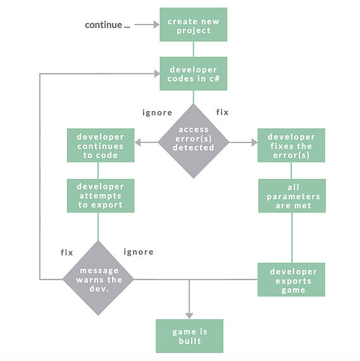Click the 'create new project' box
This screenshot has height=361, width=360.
[194, 25]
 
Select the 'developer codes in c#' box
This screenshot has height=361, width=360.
[194, 74]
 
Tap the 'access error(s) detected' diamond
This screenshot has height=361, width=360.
[194, 141]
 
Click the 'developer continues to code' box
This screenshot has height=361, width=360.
[101, 145]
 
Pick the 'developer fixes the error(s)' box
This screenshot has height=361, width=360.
[291, 145]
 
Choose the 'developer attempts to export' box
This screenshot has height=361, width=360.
[101, 196]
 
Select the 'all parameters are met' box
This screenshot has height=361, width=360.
[292, 196]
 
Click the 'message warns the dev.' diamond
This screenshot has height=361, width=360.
[98, 278]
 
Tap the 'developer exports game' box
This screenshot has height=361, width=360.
[291, 279]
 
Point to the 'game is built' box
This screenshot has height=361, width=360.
[190, 336]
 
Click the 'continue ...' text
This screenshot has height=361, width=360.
[108, 25]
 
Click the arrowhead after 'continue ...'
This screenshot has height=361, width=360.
[157, 25]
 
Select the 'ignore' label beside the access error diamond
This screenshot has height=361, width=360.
[157, 113]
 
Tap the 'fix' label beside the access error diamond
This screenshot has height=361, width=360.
[222, 112]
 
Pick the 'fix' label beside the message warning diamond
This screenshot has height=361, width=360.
[67, 252]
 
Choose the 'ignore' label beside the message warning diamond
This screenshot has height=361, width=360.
[139, 252]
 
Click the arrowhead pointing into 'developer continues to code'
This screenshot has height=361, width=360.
[137, 142]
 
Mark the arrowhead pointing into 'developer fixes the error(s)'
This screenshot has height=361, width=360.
[254, 142]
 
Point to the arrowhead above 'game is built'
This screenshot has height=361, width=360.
[189, 316]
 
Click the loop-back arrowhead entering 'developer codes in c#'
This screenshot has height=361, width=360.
[157, 74]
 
